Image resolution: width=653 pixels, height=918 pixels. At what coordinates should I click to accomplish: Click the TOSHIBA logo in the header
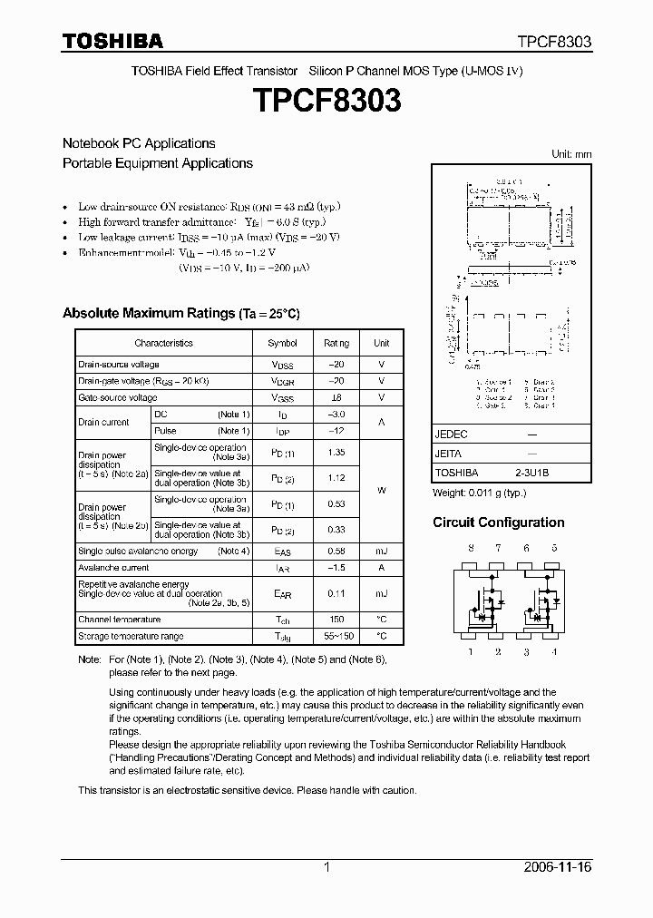click(x=112, y=41)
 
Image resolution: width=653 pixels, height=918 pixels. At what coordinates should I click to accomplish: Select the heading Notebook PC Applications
click(x=139, y=143)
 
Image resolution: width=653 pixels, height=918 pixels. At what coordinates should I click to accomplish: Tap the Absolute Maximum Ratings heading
click(x=180, y=313)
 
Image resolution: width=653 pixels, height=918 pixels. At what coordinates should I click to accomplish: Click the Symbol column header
click(x=282, y=344)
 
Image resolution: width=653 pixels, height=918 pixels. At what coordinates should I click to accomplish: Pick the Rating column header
click(x=336, y=344)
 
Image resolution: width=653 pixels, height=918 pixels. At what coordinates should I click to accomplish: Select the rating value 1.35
click(x=336, y=451)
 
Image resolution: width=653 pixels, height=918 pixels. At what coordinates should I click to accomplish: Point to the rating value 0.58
click(x=336, y=552)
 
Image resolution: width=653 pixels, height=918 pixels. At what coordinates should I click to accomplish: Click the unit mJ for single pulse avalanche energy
click(x=382, y=552)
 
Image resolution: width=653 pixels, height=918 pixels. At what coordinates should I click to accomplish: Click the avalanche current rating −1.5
click(x=336, y=568)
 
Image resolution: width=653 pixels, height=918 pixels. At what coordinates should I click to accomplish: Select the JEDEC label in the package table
click(x=451, y=435)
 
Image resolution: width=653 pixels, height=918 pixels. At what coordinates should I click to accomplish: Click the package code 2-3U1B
click(x=531, y=473)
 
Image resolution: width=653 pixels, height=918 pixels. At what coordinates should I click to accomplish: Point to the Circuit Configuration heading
click(x=498, y=522)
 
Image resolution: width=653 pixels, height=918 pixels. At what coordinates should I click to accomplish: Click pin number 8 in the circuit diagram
click(x=470, y=549)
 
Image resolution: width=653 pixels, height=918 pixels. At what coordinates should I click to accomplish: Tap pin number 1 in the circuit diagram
click(x=470, y=651)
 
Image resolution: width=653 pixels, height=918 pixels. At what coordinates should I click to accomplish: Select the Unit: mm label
click(x=571, y=155)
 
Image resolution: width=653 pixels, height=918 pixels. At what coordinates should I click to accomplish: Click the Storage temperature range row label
click(x=131, y=637)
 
